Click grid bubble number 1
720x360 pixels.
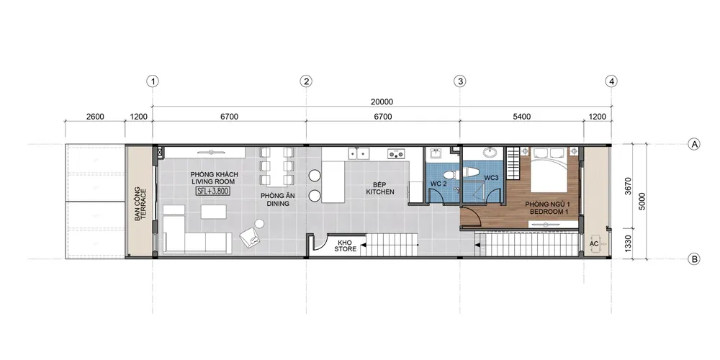pos(153,82)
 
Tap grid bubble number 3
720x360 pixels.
pos(459,82)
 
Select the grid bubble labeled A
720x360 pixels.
pos(694,145)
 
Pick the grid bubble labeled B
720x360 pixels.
pos(694,259)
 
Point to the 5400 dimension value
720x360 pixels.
pos(521,117)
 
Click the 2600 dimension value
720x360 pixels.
pos(95,117)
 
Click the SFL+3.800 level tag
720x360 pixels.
pos(214,191)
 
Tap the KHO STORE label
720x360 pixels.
pos(346,246)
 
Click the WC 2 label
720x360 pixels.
pos(438,184)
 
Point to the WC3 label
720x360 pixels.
pos(491,177)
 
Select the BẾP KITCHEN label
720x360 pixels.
pos(379,188)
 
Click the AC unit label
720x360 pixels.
pos(594,244)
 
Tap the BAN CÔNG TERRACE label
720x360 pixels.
pos(140,204)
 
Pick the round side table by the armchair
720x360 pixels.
pos(259,224)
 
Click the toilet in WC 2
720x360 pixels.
pos(450,174)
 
